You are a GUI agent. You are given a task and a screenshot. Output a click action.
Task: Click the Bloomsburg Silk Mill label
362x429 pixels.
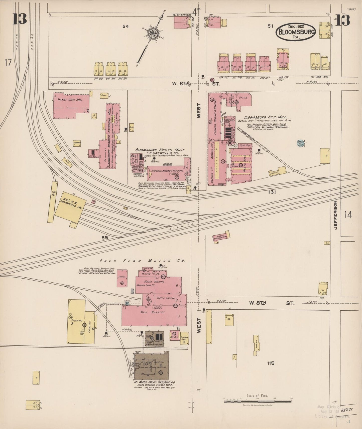(x=265, y=117)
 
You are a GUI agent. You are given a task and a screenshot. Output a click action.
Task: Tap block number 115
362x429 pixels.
(x=271, y=363)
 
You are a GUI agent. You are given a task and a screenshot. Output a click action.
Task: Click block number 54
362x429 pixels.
(x=126, y=26)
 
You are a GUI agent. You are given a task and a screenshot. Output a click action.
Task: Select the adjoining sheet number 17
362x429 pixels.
(x=8, y=63)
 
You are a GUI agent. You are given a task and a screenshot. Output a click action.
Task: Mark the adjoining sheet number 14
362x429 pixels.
(x=348, y=215)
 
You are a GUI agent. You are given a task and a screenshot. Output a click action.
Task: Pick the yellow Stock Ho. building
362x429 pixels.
(x=75, y=321)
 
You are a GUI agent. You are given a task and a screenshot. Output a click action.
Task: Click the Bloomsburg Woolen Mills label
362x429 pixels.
(x=160, y=150)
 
